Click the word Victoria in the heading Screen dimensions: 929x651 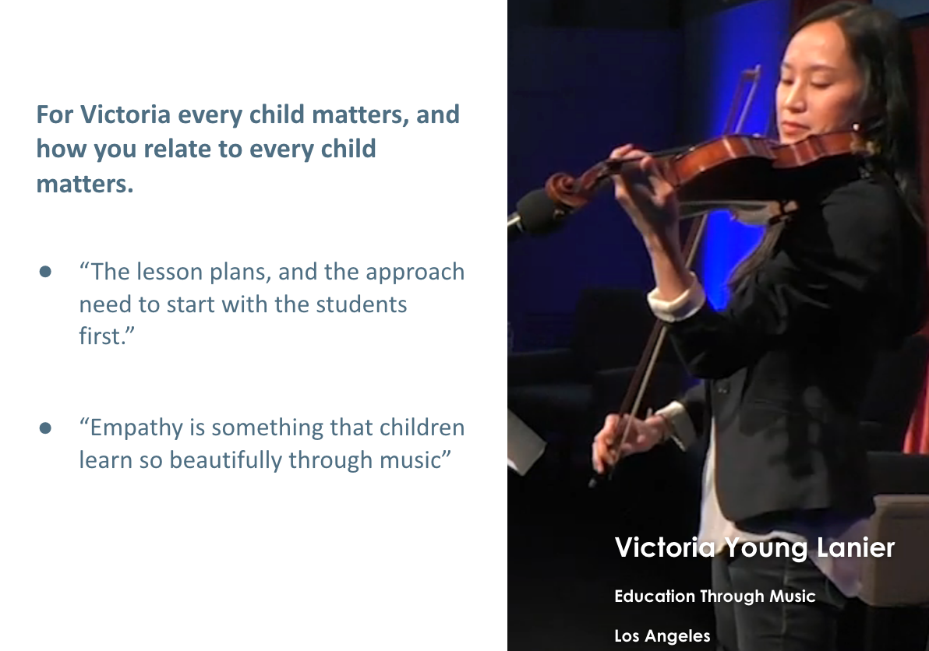click(125, 114)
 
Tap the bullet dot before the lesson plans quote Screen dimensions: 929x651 click(46, 272)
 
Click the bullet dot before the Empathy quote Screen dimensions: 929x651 click(46, 428)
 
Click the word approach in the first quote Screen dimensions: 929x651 click(415, 273)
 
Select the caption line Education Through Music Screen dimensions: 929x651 click(715, 596)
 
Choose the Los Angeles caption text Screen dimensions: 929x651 click(662, 635)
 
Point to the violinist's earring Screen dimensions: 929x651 click(856, 127)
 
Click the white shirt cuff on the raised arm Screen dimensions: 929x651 click(676, 299)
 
